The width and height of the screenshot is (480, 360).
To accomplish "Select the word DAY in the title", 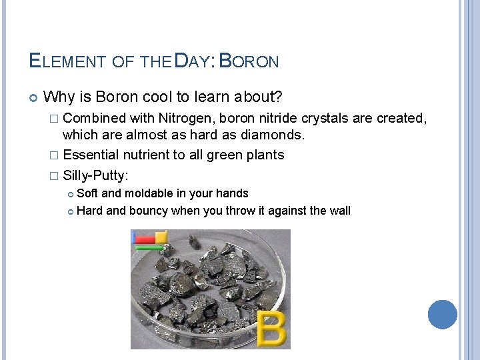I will point(194,61).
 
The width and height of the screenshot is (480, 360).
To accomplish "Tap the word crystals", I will point(326,118).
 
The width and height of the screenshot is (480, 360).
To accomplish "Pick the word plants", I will point(265,155).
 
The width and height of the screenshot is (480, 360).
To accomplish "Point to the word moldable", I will point(149,193).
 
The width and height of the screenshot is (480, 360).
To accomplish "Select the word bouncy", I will point(148,211).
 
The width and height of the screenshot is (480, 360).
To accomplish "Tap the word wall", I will point(339,211).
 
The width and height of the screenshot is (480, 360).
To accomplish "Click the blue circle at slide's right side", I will point(442,314).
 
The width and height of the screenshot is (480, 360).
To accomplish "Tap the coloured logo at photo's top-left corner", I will point(149,239).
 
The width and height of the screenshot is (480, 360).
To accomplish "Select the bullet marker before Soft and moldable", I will point(71,194).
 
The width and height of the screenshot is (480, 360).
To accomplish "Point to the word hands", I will point(233,193).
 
